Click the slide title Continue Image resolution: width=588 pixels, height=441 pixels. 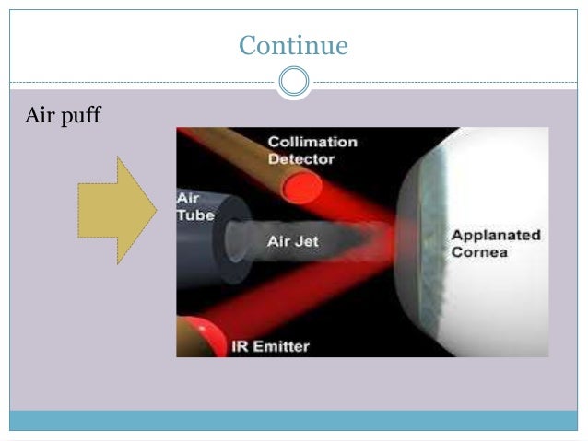click(293, 43)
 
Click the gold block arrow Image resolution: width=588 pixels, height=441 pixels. click(115, 210)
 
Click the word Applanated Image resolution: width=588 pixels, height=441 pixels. click(496, 236)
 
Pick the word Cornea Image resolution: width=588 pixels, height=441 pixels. click(478, 251)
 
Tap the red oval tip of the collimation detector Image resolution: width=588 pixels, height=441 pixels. click(301, 189)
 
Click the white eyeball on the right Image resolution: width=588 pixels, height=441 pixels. click(498, 295)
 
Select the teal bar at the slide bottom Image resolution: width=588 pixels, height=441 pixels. click(293, 421)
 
